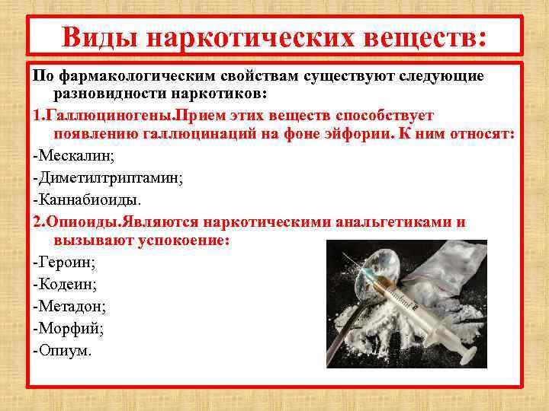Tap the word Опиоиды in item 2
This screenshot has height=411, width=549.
(x=75, y=222)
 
